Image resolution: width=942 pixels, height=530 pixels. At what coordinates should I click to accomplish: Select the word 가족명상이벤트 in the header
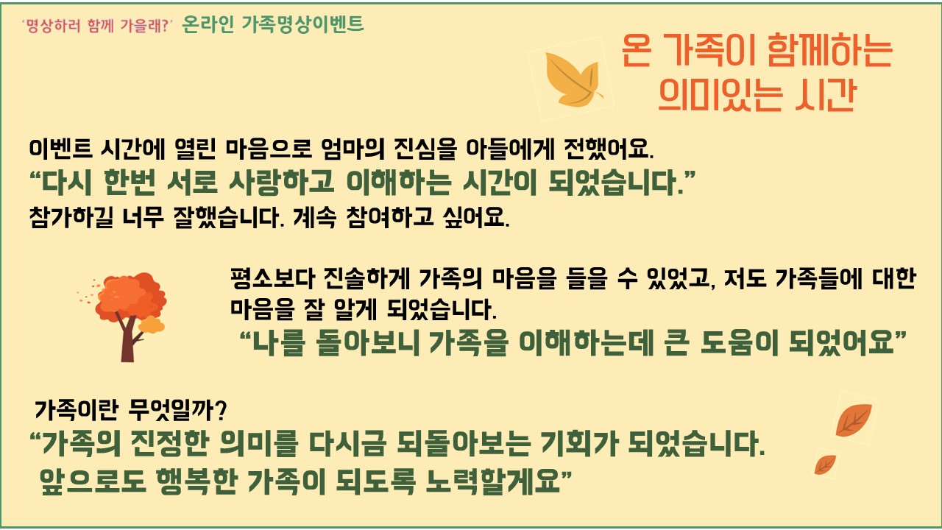302,24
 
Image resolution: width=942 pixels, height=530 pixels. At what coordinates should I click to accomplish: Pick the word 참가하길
71,217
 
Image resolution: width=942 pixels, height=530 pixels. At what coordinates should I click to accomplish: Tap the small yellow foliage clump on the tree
152,325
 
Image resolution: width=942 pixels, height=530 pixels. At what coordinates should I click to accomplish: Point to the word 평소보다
273,278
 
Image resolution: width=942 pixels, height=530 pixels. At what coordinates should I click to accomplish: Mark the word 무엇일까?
177,409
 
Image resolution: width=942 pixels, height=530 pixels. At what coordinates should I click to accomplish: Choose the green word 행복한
196,481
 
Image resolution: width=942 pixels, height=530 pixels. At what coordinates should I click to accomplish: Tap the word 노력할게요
493,481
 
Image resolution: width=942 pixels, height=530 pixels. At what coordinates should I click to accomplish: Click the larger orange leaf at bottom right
854,420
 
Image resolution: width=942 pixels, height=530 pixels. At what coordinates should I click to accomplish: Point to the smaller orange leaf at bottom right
825,464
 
